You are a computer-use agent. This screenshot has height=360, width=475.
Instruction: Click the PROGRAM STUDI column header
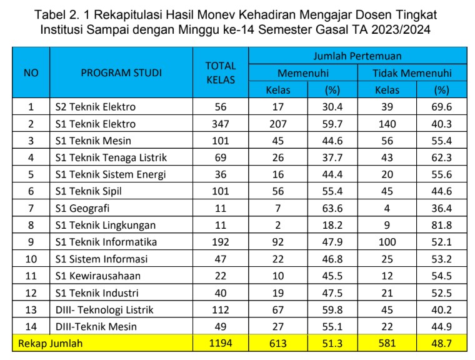(x=121, y=72)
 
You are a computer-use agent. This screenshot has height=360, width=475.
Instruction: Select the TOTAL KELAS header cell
(x=221, y=72)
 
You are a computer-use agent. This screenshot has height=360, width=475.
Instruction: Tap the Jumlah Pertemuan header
(x=357, y=56)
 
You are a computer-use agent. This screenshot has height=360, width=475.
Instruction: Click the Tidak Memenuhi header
(x=412, y=73)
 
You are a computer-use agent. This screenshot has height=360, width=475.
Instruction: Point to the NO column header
(x=31, y=72)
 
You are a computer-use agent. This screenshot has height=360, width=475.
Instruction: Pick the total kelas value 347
(x=221, y=124)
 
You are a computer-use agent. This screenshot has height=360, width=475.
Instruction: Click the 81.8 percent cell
(x=442, y=225)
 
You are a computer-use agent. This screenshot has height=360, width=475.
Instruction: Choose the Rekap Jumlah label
(x=50, y=343)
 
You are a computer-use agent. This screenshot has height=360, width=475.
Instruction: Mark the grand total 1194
(x=221, y=343)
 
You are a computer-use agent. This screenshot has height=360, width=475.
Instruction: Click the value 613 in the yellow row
(x=278, y=343)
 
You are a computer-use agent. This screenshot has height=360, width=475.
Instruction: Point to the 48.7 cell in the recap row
(x=442, y=343)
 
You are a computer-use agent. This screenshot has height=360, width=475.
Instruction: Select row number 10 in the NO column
(x=31, y=259)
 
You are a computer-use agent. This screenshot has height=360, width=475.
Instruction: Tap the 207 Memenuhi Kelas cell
(x=278, y=124)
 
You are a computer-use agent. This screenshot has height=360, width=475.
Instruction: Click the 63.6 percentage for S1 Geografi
(x=332, y=208)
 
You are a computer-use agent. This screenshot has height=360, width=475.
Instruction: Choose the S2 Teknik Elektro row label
(x=95, y=107)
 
